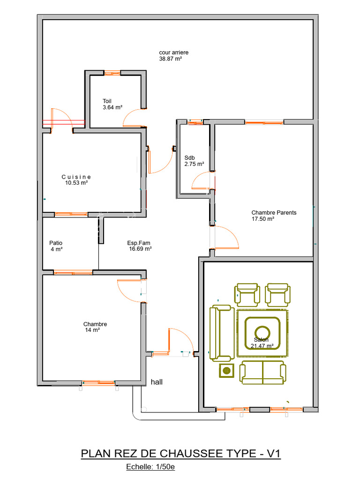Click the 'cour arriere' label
173,53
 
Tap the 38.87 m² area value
170,59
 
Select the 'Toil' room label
107,101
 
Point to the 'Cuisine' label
76,177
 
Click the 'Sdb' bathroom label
189,157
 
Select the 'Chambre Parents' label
274,212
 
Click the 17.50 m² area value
262,219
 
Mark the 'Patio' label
56,243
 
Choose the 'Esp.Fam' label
139,243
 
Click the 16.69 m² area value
140,249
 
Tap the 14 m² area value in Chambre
92,330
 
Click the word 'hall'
157,382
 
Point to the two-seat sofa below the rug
262,372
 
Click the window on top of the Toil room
112,73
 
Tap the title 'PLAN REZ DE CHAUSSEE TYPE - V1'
180,454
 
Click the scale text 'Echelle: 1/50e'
150,467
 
